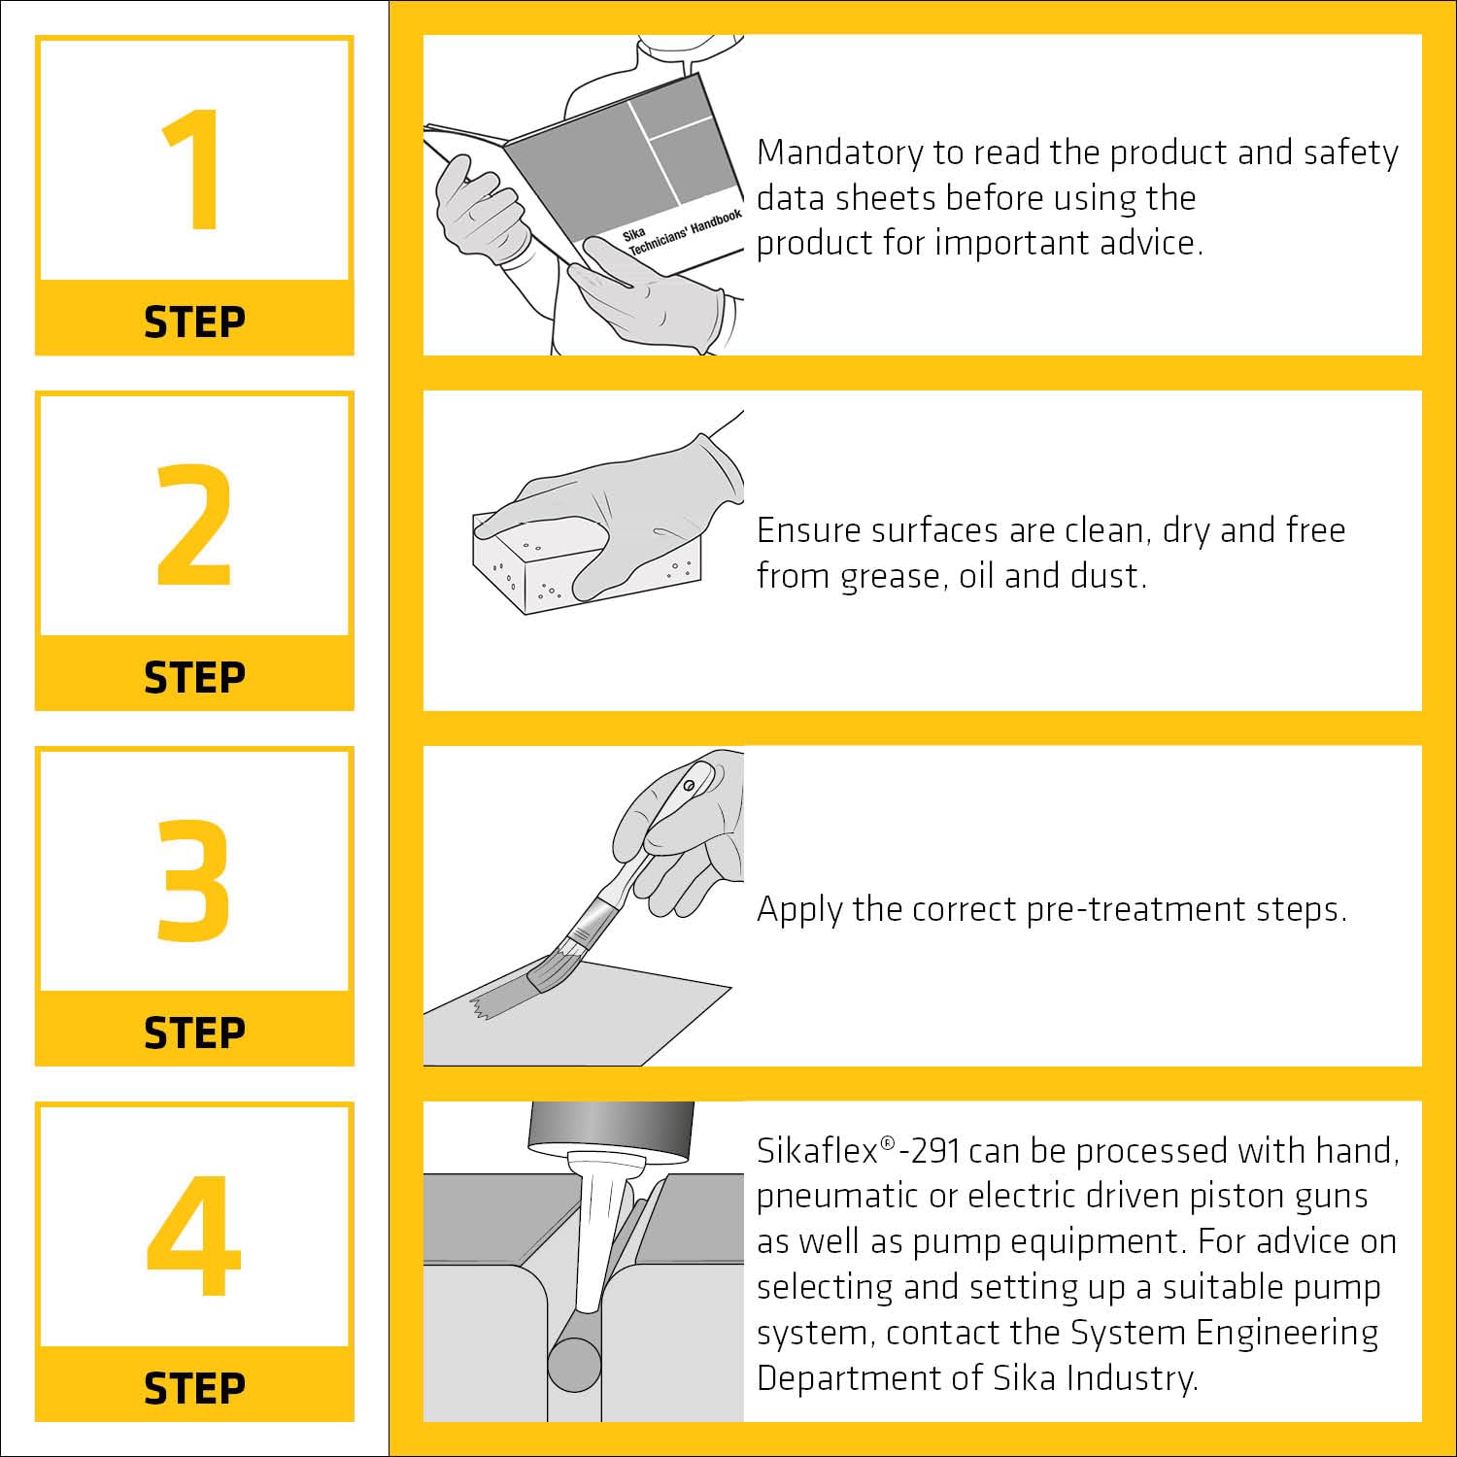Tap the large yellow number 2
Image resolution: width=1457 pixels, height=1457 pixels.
tap(194, 525)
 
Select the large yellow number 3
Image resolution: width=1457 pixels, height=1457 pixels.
tap(193, 880)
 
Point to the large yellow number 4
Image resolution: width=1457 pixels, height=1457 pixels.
tap(194, 1236)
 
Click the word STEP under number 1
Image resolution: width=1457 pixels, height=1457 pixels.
tap(194, 322)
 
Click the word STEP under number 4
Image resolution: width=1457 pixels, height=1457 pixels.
tap(194, 1389)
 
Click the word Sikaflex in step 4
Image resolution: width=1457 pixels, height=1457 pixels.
tap(818, 1150)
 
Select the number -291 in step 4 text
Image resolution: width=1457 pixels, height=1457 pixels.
tap(930, 1151)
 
